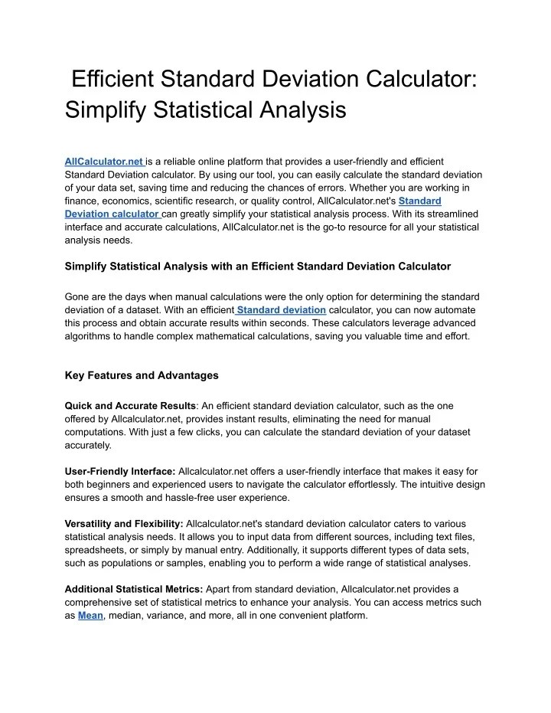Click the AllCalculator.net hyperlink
coord(104,162)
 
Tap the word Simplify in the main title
coord(106,110)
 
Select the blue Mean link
coord(90,615)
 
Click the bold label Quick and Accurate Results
coord(130,404)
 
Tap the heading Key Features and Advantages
coord(142,375)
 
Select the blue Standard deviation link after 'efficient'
coord(282,309)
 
